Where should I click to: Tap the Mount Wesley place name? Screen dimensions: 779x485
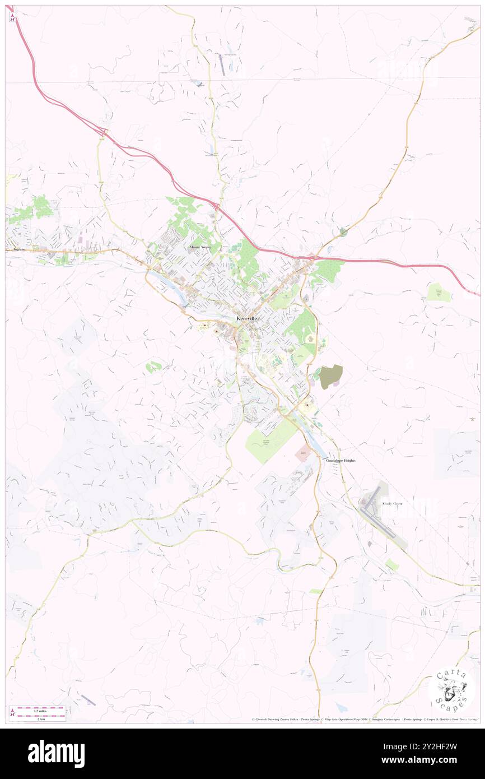[x=200, y=247]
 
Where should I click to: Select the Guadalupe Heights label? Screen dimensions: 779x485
[x=341, y=460]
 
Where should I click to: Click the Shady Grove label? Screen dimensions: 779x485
[x=392, y=504]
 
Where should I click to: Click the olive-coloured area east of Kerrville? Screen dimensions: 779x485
[x=330, y=377]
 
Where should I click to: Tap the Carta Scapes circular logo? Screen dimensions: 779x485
[x=451, y=688]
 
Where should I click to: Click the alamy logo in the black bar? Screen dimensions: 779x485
[x=56, y=753]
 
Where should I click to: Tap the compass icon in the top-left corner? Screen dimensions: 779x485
[x=12, y=17]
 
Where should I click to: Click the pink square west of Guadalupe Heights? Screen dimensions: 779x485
[x=303, y=453]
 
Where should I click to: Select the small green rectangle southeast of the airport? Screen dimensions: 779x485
[x=392, y=565]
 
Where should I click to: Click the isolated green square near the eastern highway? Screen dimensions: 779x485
[x=439, y=292]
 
